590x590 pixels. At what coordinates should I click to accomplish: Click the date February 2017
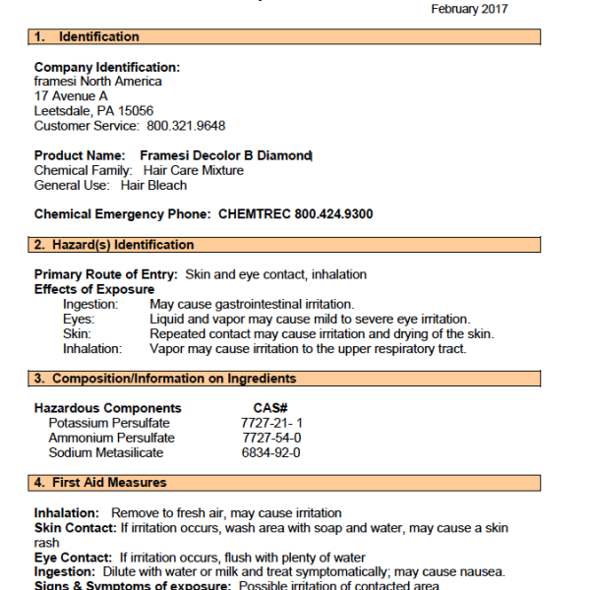(470, 9)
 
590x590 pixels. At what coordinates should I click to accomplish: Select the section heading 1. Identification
(87, 37)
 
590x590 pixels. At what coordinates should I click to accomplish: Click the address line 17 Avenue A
(71, 96)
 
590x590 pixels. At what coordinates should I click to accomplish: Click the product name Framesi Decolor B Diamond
(225, 155)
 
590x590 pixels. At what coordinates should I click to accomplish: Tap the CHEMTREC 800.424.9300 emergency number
(295, 214)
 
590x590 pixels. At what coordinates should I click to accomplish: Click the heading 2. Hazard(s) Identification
(113, 245)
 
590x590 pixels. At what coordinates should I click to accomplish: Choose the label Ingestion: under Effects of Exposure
(90, 305)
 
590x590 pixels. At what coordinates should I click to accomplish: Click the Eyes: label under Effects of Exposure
(79, 320)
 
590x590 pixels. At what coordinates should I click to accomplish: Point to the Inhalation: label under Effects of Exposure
(92, 348)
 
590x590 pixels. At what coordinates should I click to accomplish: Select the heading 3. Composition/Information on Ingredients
(164, 379)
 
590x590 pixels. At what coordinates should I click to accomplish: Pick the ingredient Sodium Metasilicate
(105, 452)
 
